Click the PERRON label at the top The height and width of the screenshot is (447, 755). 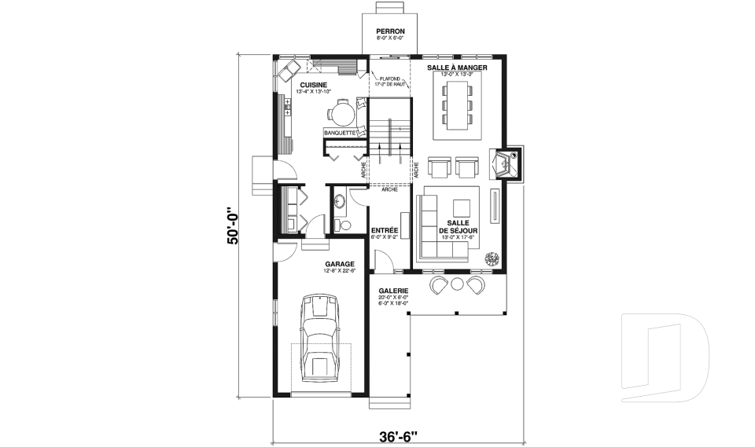(390, 31)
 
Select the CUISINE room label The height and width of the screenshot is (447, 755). (313, 84)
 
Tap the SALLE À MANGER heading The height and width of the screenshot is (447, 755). (457, 68)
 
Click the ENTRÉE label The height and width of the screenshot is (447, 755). (384, 230)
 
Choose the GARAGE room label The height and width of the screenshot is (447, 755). (339, 264)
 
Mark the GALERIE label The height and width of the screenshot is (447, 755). (393, 289)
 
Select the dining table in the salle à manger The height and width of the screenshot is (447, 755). (457, 102)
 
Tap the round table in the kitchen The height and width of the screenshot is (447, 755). (343, 115)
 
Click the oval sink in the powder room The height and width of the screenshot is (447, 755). (341, 203)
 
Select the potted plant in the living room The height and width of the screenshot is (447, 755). (493, 258)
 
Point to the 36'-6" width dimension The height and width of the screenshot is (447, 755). (390, 435)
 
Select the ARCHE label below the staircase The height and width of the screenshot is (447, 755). (388, 189)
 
